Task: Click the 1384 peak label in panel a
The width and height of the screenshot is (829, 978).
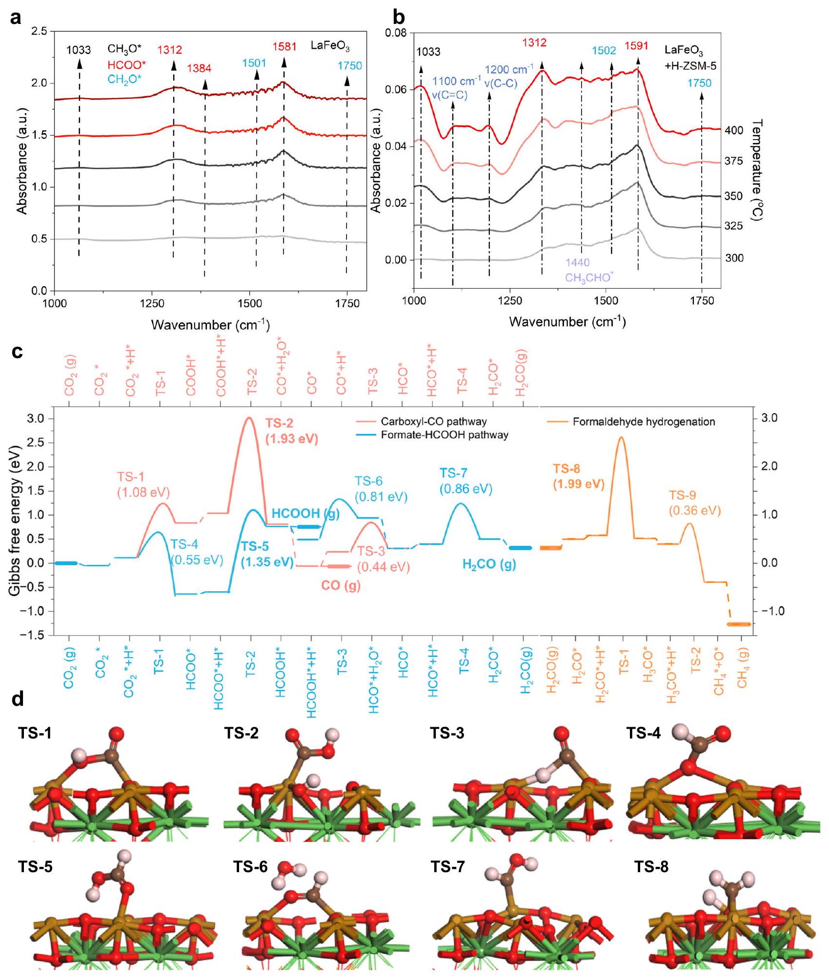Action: pyautogui.click(x=199, y=68)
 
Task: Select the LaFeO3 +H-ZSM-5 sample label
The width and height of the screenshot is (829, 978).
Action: pyautogui.click(x=690, y=58)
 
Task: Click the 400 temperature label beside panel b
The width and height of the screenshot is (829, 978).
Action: pyautogui.click(x=734, y=131)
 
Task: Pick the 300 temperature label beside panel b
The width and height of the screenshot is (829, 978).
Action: pyautogui.click(x=734, y=259)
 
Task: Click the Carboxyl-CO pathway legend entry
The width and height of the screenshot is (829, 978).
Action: pyautogui.click(x=434, y=421)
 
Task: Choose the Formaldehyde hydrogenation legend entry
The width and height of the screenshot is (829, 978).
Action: pyautogui.click(x=644, y=422)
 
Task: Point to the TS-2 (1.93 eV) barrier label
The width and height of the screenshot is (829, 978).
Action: pyautogui.click(x=291, y=431)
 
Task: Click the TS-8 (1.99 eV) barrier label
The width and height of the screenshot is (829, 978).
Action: pyautogui.click(x=579, y=477)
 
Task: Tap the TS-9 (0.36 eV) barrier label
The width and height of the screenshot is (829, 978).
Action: pyautogui.click(x=694, y=503)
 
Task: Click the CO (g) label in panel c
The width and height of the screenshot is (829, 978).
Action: pyautogui.click(x=340, y=585)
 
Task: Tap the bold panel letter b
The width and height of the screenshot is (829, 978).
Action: pyautogui.click(x=399, y=18)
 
